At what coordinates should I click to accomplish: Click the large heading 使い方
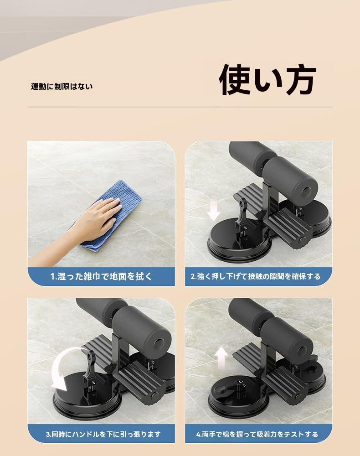267,81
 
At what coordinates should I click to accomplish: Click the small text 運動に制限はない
62,86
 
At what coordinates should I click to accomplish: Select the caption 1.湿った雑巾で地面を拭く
101,276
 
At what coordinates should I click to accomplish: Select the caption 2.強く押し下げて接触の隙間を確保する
258,276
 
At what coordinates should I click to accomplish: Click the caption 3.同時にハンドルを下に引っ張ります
101,434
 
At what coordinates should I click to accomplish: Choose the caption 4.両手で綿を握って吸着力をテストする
258,434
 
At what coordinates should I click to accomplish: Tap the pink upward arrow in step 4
222,357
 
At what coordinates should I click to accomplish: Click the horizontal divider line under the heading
180,107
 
